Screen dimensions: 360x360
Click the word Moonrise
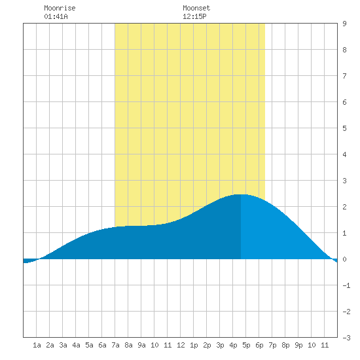pos(60,8)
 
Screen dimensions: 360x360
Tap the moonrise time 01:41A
pos(56,16)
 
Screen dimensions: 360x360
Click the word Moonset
pos(196,8)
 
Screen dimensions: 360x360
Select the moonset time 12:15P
pos(194,16)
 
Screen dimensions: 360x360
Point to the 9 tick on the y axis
pos(344,24)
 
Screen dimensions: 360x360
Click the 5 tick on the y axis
pos(344,128)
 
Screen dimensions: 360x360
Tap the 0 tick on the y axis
pos(344,259)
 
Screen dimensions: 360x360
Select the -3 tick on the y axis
pos(346,338)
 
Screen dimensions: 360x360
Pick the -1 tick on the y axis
pos(346,285)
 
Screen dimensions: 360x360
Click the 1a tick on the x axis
pos(37,345)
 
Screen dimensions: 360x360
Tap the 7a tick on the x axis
pos(115,345)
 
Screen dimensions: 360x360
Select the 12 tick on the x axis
pos(181,345)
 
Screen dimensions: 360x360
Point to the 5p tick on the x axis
pos(246,345)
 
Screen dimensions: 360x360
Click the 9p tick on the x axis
pos(298,345)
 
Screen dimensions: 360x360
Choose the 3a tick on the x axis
pos(63,345)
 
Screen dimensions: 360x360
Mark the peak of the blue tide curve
pos(241,194)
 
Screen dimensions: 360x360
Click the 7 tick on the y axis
pos(344,76)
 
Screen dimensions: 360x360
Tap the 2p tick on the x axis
pos(207,345)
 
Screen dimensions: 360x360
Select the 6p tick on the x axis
pos(259,345)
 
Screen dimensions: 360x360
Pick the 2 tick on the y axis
pos(344,207)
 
